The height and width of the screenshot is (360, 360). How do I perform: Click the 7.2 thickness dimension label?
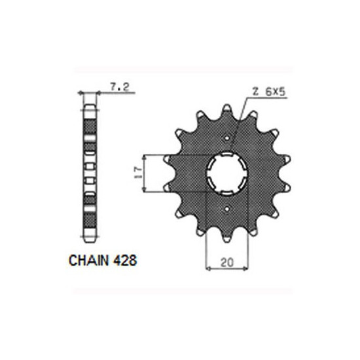[x=120, y=87]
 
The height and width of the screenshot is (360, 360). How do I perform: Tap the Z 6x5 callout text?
[x=268, y=92]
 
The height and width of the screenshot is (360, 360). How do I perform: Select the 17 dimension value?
[x=138, y=173]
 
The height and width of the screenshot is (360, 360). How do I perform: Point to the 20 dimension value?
[x=227, y=262]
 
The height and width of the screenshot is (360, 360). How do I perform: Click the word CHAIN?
[x=88, y=261]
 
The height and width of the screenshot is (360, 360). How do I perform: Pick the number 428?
[x=125, y=261]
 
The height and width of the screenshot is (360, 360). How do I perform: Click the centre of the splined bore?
[x=226, y=173]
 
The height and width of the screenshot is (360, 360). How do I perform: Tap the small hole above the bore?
[x=227, y=138]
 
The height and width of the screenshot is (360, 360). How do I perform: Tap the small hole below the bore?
[x=227, y=209]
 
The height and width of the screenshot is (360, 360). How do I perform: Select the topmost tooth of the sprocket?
[x=227, y=109]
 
